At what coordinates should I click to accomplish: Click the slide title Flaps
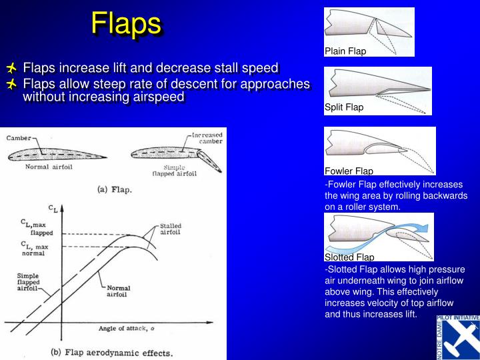coord(126,24)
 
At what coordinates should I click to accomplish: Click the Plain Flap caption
coord(345,51)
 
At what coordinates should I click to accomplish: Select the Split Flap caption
coord(344,107)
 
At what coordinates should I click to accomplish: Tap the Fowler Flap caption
coord(349,171)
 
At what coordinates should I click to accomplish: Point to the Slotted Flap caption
coord(349,257)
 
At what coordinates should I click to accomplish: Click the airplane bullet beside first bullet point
coord(12,69)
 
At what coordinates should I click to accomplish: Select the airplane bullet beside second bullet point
coord(12,84)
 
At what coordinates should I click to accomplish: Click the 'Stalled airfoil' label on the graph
coord(171,230)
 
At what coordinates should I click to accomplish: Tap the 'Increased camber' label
coord(207,138)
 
